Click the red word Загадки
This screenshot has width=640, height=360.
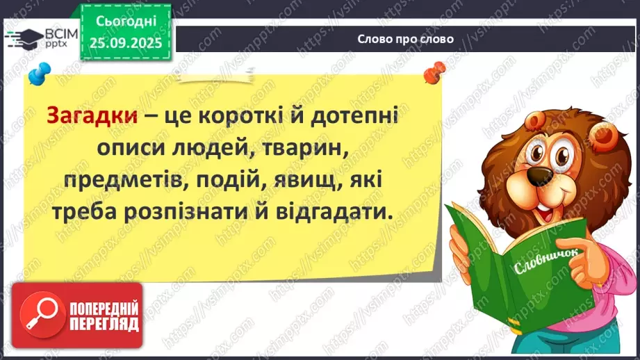coord(90,116)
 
